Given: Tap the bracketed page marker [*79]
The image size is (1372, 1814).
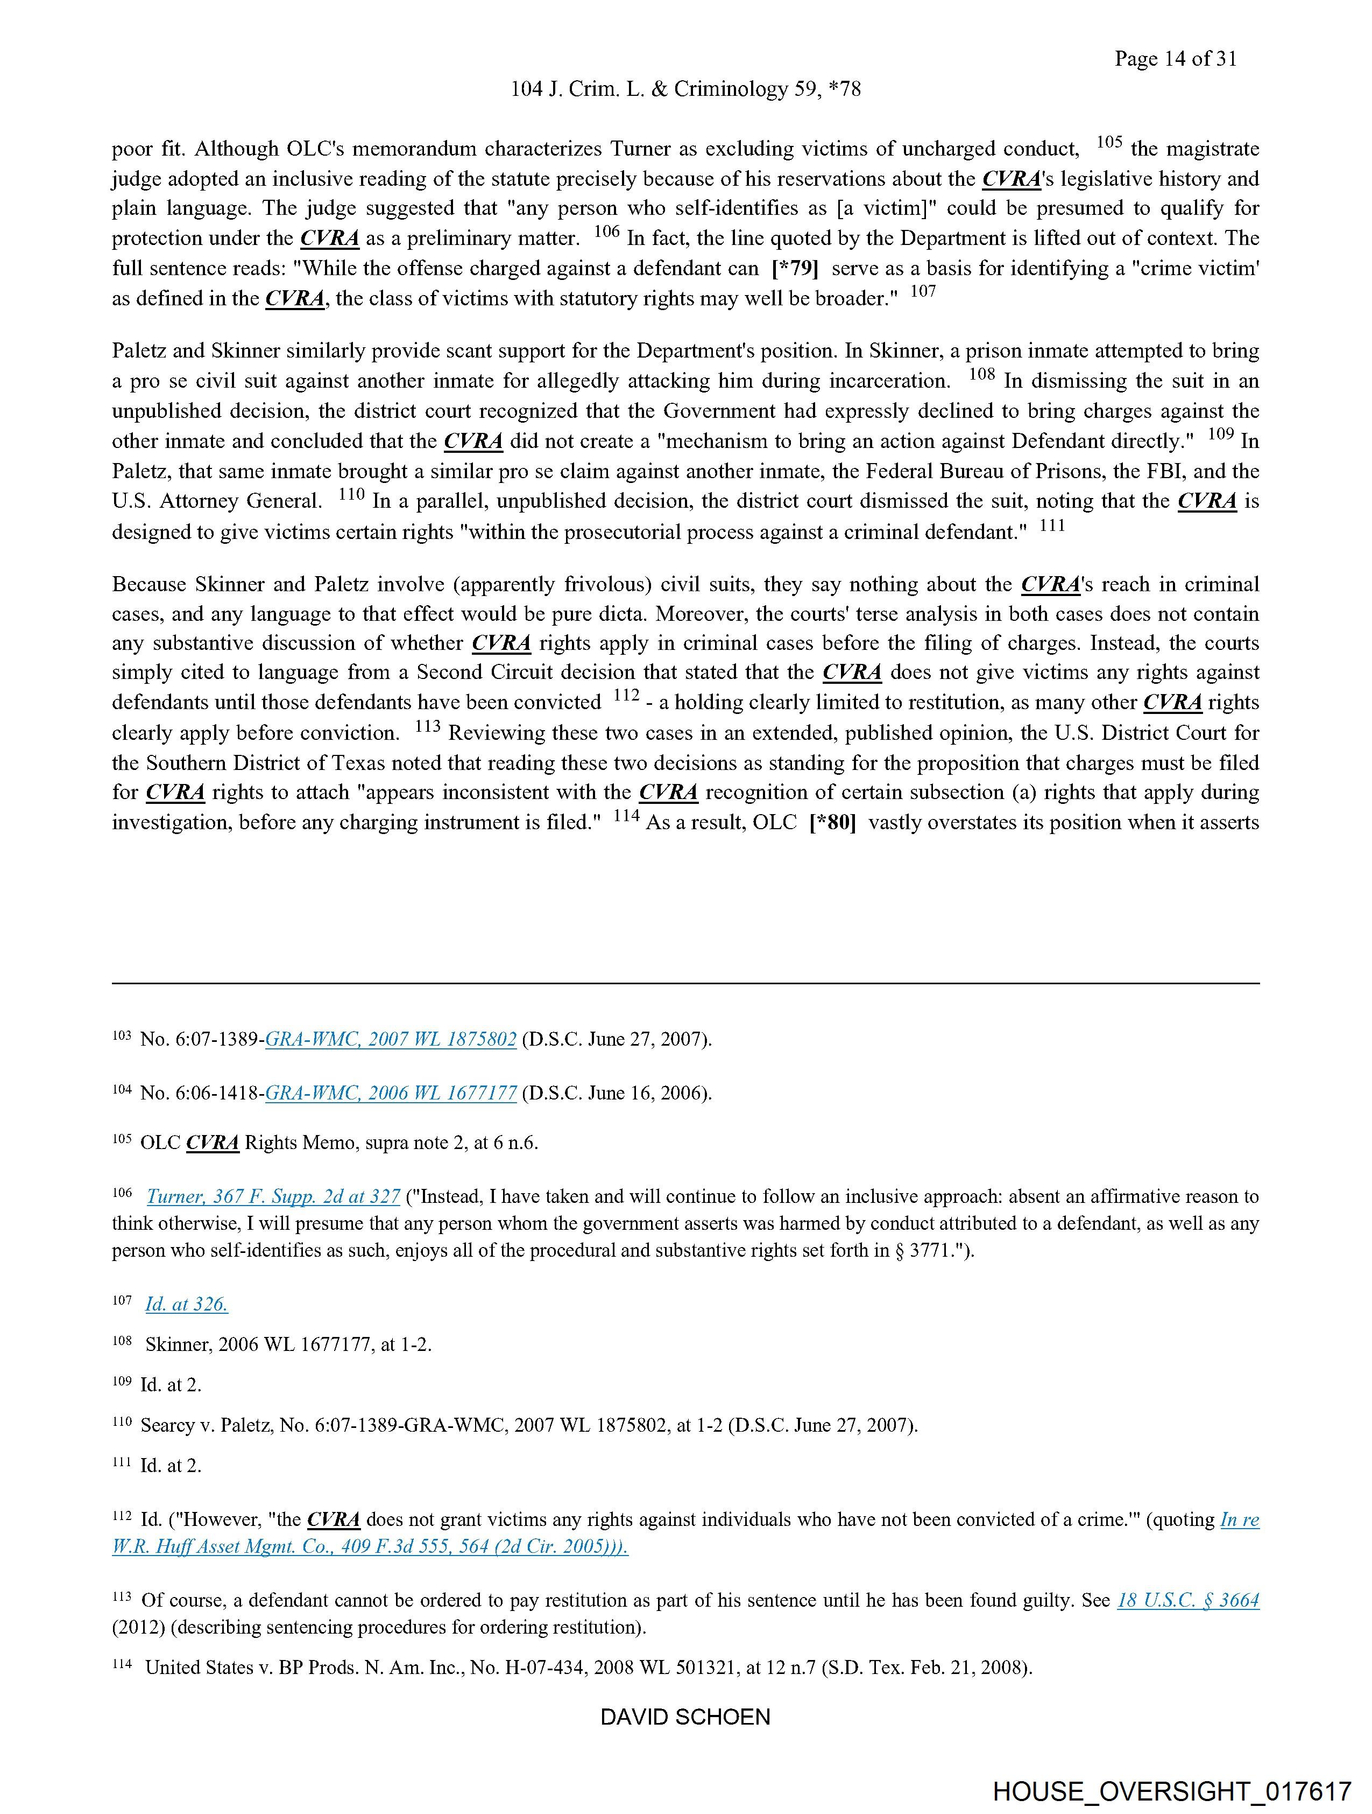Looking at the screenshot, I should [x=795, y=268].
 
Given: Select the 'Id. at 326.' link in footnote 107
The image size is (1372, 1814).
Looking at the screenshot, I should [x=186, y=1304].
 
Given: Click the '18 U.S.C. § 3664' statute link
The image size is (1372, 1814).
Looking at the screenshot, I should [x=1187, y=1600].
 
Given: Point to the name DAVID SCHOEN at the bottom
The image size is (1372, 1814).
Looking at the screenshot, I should [x=685, y=1717].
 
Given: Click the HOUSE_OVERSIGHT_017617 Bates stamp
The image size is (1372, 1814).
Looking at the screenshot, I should [x=1171, y=1790].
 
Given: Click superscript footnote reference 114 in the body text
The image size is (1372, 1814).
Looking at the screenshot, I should [x=625, y=816].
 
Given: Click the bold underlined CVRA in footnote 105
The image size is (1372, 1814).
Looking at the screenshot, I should [x=213, y=1143].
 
